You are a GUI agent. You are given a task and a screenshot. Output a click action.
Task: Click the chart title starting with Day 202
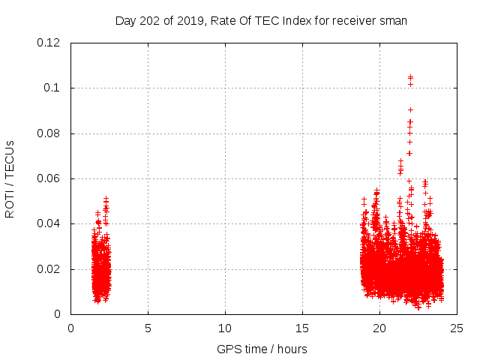pos(260,21)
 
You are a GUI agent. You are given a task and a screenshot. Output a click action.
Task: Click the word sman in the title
pos(393,21)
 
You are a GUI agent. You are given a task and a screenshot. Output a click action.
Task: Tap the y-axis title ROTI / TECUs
pos(10,178)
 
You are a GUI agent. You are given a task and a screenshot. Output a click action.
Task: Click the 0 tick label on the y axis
pos(58,314)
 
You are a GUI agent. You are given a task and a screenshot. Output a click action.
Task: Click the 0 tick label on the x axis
pos(70,328)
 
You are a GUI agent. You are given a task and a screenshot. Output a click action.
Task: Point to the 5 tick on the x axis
pos(148,328)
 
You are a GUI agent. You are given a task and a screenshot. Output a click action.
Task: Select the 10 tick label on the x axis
pos(225,328)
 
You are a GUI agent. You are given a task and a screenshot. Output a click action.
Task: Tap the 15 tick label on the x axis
pos(302,328)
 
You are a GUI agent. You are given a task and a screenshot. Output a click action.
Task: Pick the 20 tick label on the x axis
pos(379,328)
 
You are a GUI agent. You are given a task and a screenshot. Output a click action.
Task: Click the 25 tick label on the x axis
pos(457,328)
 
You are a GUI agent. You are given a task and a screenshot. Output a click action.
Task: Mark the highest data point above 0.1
pos(410,76)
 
